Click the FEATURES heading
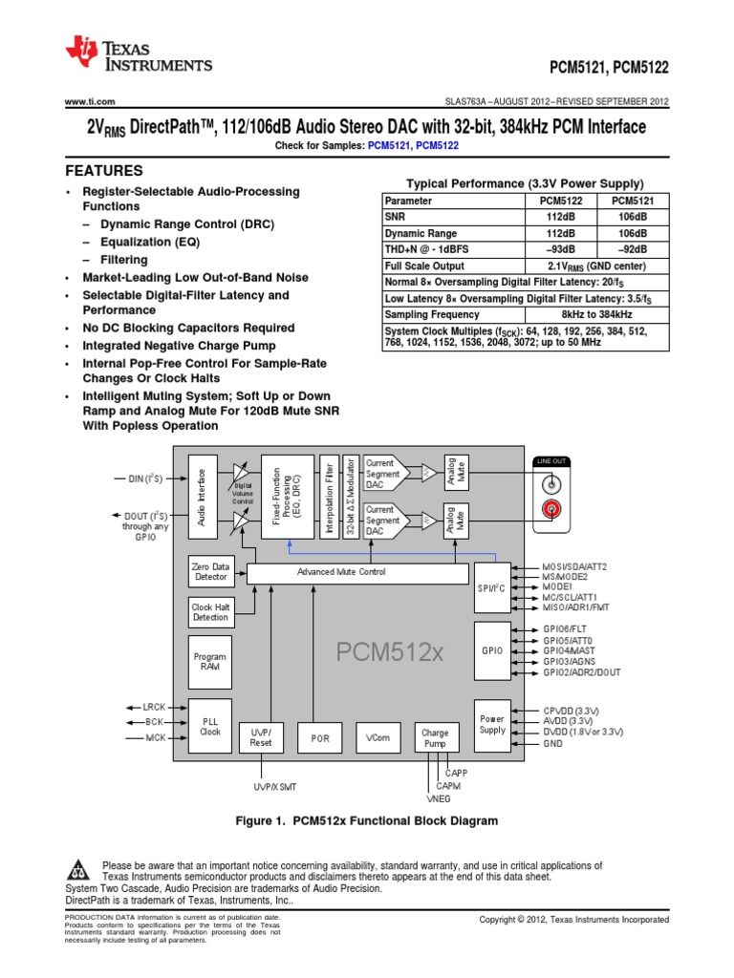[x=103, y=171]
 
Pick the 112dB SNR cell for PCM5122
[x=561, y=217]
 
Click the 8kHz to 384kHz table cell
[x=595, y=314]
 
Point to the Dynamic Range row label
[x=421, y=233]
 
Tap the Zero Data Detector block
[x=210, y=571]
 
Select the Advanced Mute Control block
[x=341, y=572]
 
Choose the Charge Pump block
[x=435, y=737]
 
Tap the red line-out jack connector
[x=550, y=511]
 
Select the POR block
[x=319, y=738]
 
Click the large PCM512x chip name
[x=390, y=653]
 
